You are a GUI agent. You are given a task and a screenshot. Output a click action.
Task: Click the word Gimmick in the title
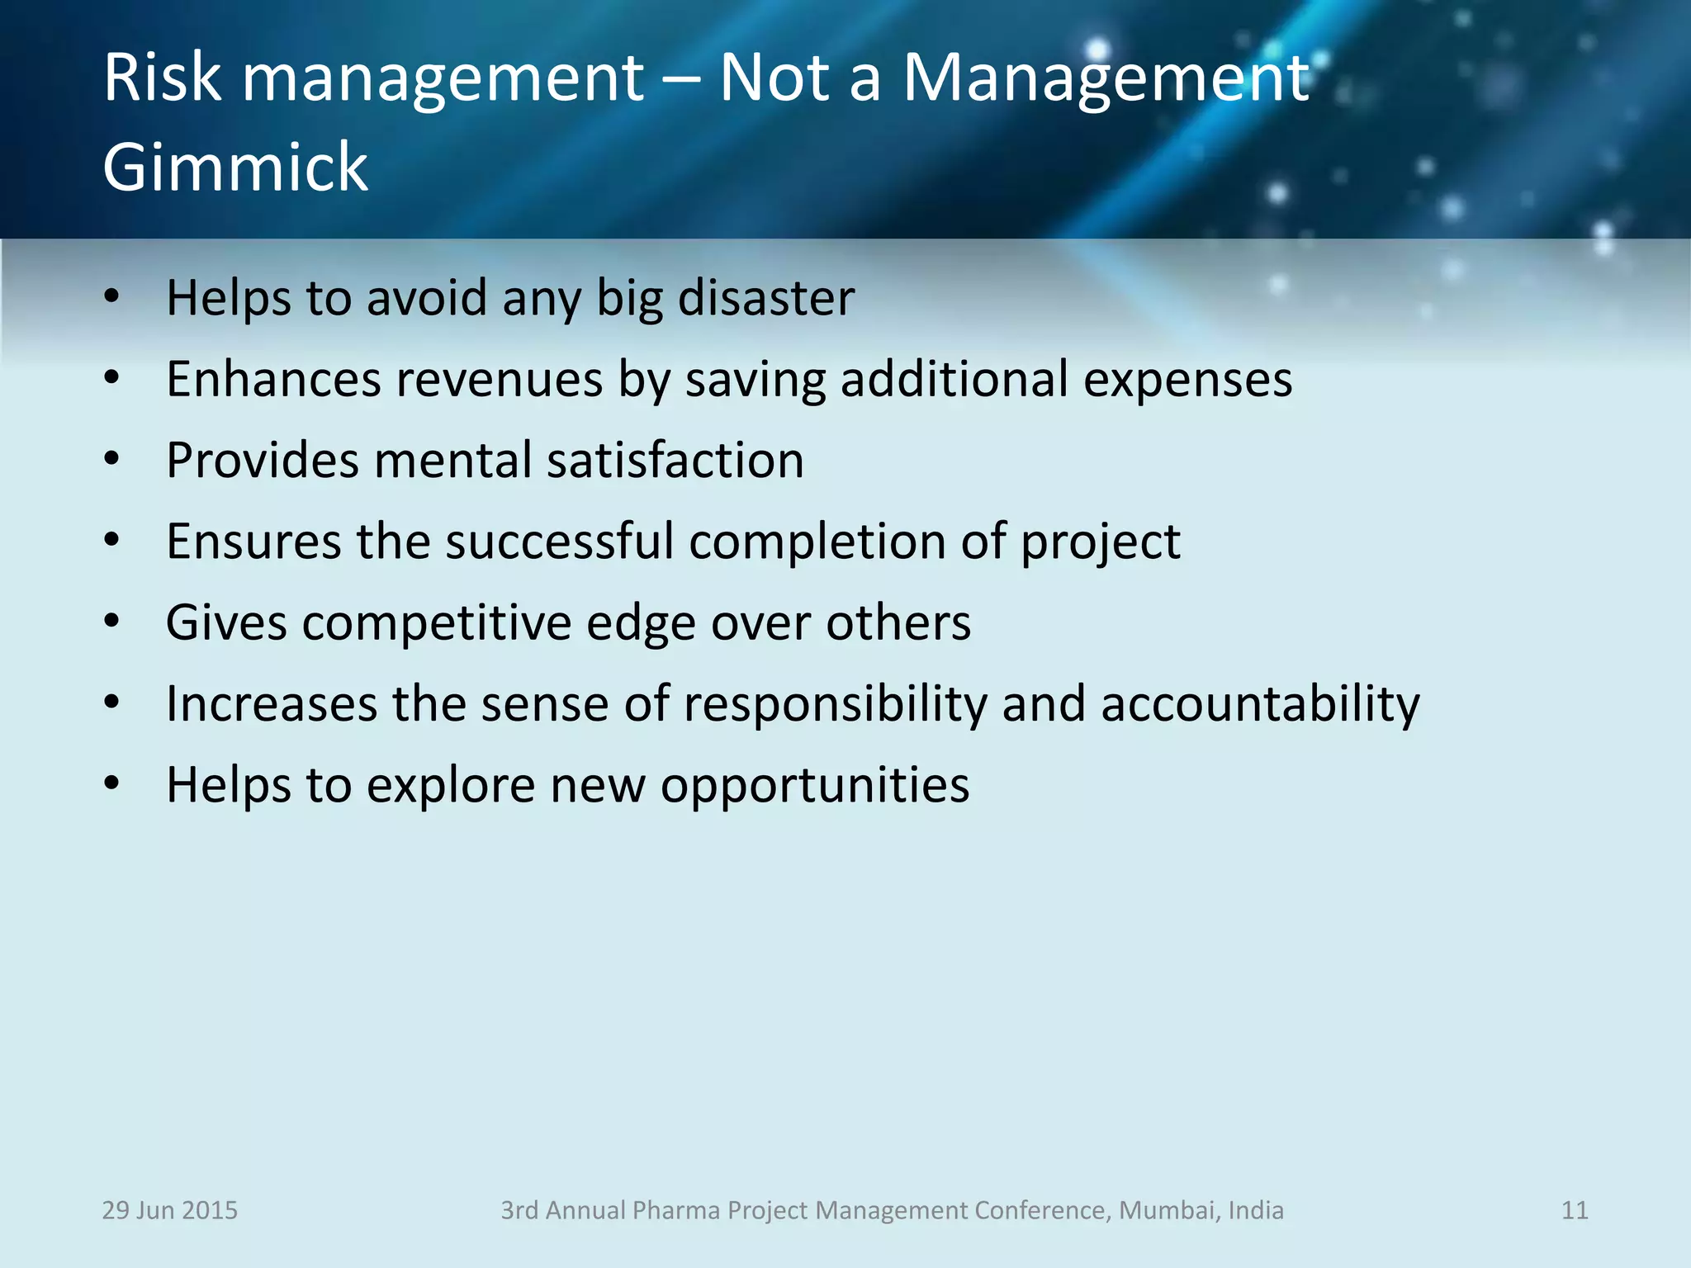pyautogui.click(x=235, y=168)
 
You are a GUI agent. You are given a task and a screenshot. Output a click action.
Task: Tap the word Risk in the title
pyautogui.click(x=163, y=78)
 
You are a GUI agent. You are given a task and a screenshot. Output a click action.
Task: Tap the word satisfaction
pyautogui.click(x=675, y=460)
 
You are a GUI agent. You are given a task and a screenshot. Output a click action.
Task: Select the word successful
pyautogui.click(x=560, y=542)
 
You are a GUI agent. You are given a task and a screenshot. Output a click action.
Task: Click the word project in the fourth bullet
pyautogui.click(x=1100, y=543)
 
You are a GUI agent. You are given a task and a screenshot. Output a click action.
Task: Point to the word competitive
pyautogui.click(x=436, y=622)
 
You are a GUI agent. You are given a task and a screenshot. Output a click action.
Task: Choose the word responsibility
pyautogui.click(x=835, y=704)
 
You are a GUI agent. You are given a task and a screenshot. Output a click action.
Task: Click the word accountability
pyautogui.click(x=1260, y=704)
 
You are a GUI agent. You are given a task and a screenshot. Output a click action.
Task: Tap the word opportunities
pyautogui.click(x=815, y=785)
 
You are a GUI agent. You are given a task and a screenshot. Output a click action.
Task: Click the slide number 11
pyautogui.click(x=1575, y=1210)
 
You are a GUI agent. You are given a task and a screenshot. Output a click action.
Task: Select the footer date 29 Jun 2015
pyautogui.click(x=169, y=1210)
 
